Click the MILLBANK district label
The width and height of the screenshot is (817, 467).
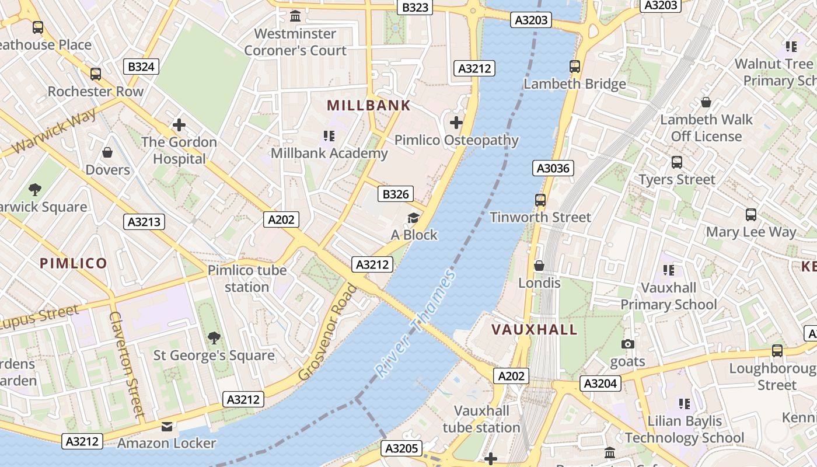368,106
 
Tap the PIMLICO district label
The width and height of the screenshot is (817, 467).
74,263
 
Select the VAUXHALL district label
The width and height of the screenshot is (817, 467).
534,329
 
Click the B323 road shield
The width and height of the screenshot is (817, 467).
416,7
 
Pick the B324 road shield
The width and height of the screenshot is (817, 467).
141,67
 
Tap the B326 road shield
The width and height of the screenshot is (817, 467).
396,194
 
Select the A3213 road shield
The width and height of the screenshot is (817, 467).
145,222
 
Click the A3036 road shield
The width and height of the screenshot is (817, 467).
553,169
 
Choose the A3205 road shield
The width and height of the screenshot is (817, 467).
402,448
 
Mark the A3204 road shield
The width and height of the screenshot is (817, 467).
600,384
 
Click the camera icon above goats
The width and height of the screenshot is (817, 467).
628,344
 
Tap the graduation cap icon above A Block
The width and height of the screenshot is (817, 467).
414,218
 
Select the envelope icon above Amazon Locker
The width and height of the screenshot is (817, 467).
167,427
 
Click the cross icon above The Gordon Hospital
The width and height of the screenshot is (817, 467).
179,125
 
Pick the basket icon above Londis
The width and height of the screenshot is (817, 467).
539,266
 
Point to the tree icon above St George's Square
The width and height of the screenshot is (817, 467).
214,337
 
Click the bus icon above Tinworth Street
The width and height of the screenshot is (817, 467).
540,200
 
